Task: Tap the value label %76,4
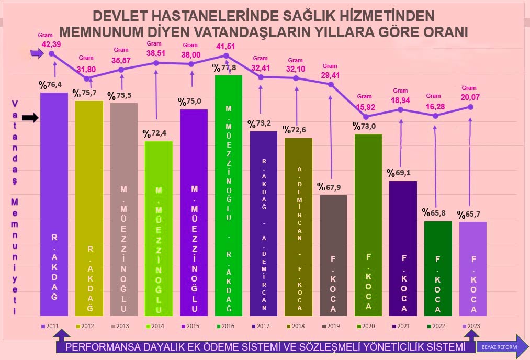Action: click(50, 84)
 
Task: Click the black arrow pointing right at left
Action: click(30, 118)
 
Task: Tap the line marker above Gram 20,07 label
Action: click(470, 107)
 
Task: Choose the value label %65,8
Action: click(434, 213)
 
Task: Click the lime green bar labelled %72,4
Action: click(159, 228)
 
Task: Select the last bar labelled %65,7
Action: click(473, 268)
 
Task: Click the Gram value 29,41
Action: click(330, 75)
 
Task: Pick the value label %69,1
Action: click(399, 172)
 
